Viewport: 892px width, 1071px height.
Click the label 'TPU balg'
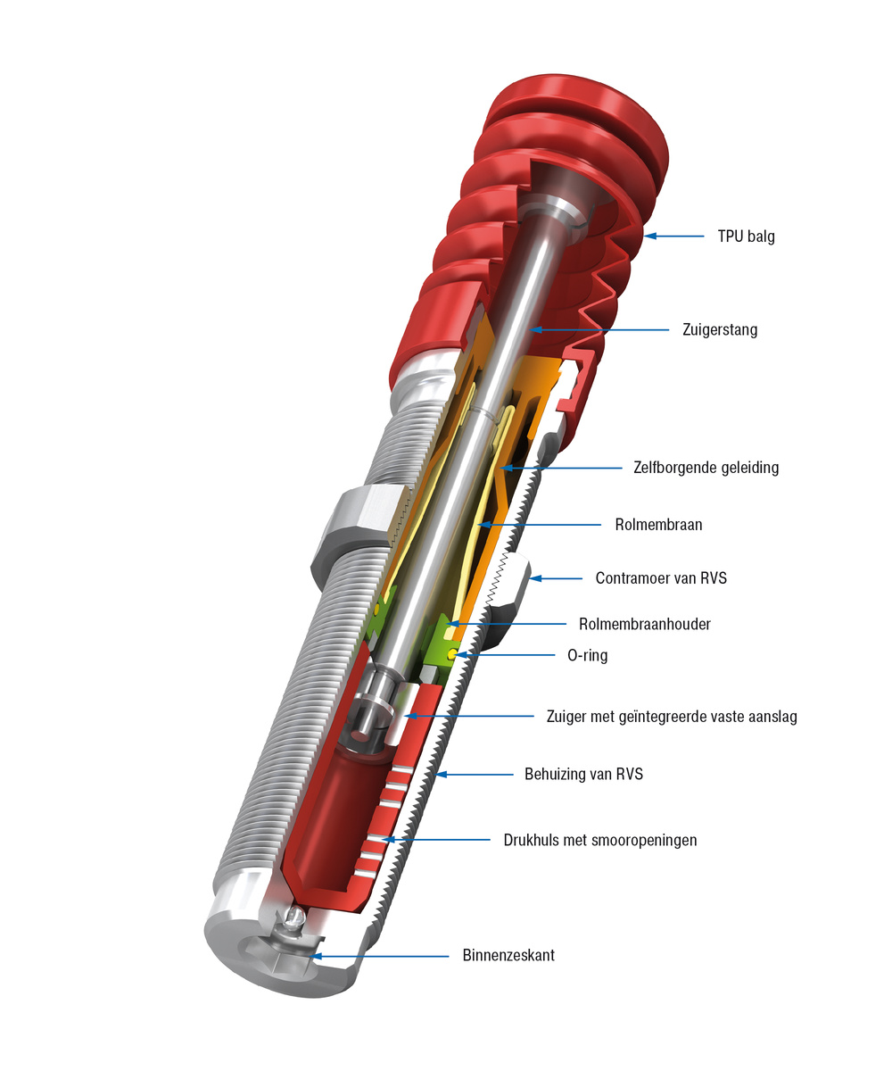coord(746,237)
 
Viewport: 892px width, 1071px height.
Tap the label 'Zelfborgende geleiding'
coord(706,468)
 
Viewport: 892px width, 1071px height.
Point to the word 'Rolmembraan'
coord(658,525)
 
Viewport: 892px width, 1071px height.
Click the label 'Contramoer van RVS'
coord(661,578)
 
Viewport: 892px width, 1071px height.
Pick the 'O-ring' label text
coord(587,656)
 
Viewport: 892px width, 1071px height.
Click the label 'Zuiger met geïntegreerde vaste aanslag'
coord(671,717)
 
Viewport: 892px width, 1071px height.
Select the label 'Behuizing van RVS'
coord(583,774)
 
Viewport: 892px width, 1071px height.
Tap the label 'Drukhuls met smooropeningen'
coord(599,840)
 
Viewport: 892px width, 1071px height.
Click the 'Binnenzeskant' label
coord(508,956)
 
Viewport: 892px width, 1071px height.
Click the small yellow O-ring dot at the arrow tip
coord(454,654)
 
